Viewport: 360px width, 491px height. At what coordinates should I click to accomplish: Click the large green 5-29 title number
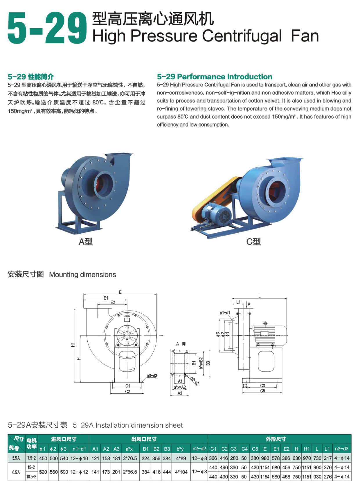pos(47,28)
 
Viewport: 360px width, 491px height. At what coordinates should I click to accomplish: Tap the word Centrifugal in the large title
pos(242,36)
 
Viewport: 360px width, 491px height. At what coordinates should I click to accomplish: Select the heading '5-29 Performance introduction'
pos(215,76)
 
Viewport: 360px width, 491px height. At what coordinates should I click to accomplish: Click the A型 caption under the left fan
pos(86,241)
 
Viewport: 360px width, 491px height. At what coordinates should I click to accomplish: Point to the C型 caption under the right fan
pos(253,241)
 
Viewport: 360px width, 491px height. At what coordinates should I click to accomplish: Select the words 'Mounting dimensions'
pos(82,275)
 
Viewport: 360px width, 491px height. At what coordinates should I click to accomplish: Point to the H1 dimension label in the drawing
pos(73,345)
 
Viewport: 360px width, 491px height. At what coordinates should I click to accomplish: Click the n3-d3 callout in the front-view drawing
pos(152,376)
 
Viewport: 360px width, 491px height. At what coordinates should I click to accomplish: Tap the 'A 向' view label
pos(181,344)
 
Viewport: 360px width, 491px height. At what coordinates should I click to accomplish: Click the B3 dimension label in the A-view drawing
pos(208,363)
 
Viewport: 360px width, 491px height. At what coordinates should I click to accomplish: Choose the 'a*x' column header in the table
pos(129,449)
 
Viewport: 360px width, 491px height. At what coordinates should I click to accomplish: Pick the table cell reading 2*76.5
pos(130,458)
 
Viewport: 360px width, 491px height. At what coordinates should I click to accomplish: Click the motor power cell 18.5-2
pos(31,476)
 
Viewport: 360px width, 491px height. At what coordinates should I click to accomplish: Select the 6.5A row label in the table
pos(16,472)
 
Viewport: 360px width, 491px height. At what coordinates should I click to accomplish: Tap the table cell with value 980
pos(265,458)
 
